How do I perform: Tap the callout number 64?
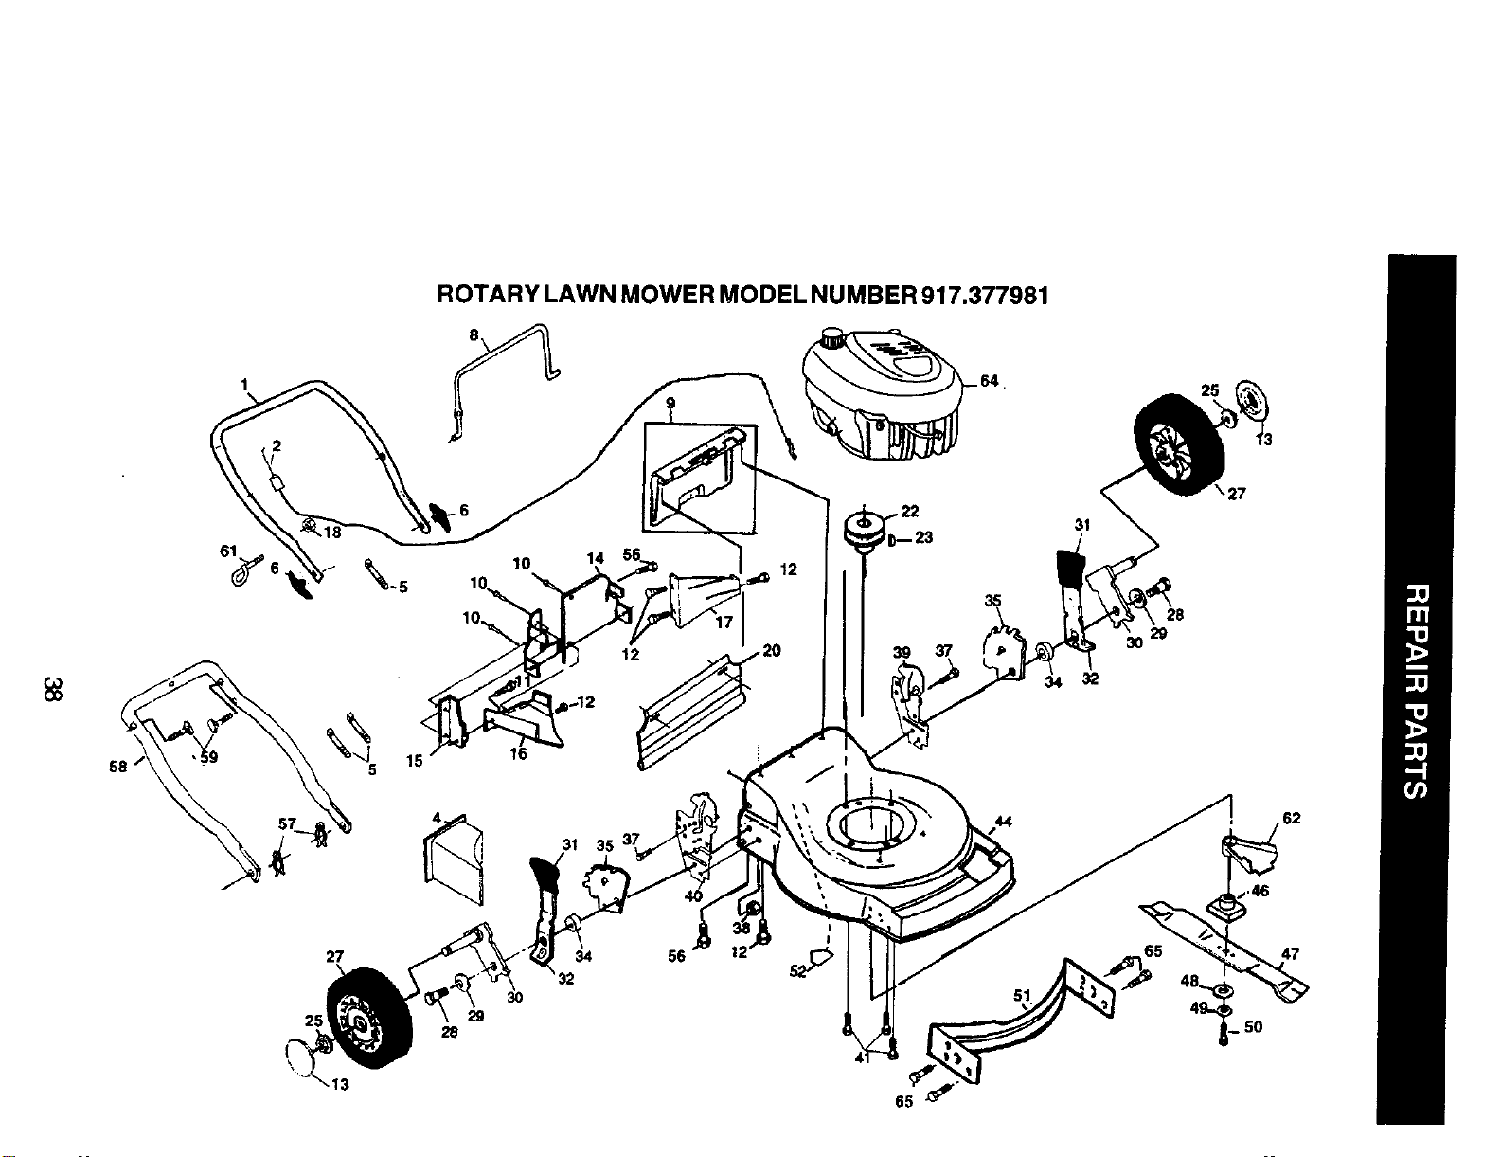(990, 381)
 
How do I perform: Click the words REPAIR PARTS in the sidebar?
(1416, 692)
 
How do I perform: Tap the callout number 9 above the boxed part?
(670, 403)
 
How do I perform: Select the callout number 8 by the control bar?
(474, 335)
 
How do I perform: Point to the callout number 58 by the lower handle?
(118, 767)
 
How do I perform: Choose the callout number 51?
(1023, 995)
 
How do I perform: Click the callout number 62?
(1291, 819)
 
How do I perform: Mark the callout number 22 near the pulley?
(910, 511)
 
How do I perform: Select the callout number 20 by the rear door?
(772, 650)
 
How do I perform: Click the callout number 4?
(437, 819)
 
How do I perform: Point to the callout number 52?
(797, 971)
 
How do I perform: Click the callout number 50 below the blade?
(1253, 1027)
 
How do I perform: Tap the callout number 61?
(228, 551)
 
